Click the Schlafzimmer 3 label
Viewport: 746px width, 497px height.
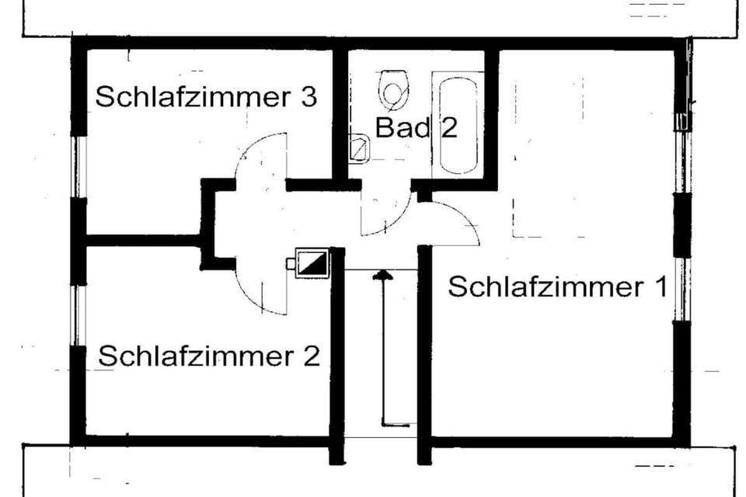point(206,98)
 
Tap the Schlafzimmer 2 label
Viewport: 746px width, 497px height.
point(209,356)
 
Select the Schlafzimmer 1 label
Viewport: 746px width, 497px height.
point(557,287)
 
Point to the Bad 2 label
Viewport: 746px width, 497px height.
point(416,127)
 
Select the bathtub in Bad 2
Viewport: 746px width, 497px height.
point(458,124)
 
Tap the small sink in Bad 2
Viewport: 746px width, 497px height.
point(360,148)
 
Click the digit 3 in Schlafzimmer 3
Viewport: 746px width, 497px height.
point(308,98)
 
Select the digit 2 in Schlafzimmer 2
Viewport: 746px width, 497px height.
point(311,356)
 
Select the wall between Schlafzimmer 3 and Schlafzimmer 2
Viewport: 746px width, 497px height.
point(144,240)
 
